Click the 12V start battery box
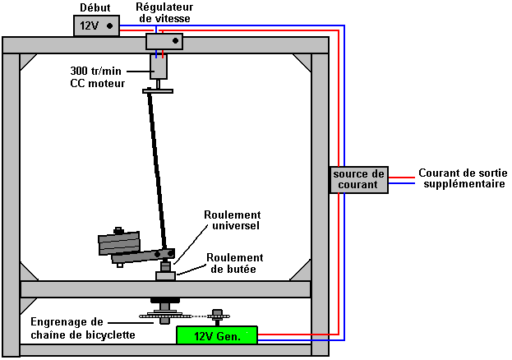tap(95, 26)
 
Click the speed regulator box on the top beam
tap(164, 41)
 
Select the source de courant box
tap(358, 179)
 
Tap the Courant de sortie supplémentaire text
tap(461, 179)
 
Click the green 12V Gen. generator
tap(217, 335)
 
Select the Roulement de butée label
tap(235, 262)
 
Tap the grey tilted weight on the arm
tap(119, 244)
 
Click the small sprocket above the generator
tap(217, 315)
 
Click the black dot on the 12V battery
tap(109, 26)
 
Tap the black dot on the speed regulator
tap(173, 40)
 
